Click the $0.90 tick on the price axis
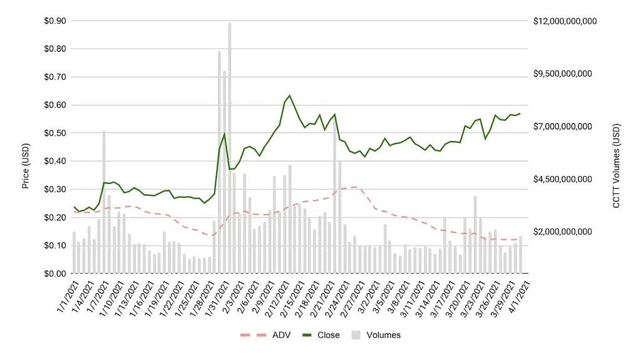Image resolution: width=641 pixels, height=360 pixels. [53, 21]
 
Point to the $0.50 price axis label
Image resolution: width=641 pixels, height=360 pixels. [53, 133]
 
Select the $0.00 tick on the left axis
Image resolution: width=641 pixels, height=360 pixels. [53, 274]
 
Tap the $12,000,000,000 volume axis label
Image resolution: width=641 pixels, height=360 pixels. [565, 21]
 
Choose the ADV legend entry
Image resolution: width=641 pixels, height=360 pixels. [263, 335]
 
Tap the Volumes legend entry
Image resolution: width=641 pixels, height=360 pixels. [377, 335]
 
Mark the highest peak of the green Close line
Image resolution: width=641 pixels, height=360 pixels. [289, 95]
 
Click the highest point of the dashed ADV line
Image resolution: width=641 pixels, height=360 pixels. [355, 187]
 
